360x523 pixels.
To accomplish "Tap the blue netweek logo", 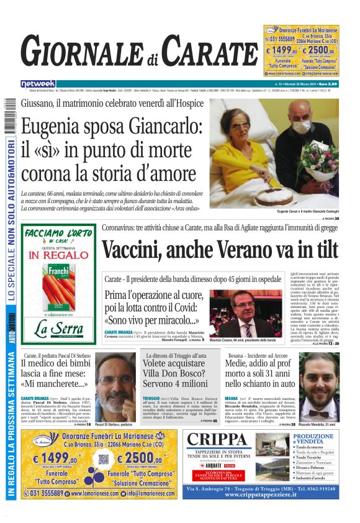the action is [38, 83].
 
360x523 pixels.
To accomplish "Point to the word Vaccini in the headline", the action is [130, 249].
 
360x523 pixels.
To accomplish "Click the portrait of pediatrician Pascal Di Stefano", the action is [114, 387].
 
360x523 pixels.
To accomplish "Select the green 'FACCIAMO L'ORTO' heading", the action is [59, 234].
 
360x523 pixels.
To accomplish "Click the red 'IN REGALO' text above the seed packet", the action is [59, 255].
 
